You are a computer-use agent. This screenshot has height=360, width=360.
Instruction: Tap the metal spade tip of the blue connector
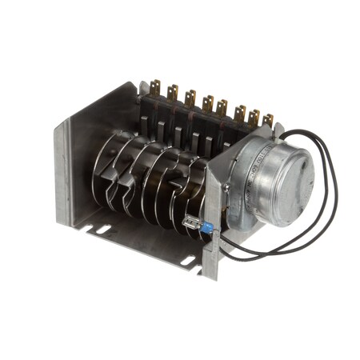pyautogui.click(x=192, y=223)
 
